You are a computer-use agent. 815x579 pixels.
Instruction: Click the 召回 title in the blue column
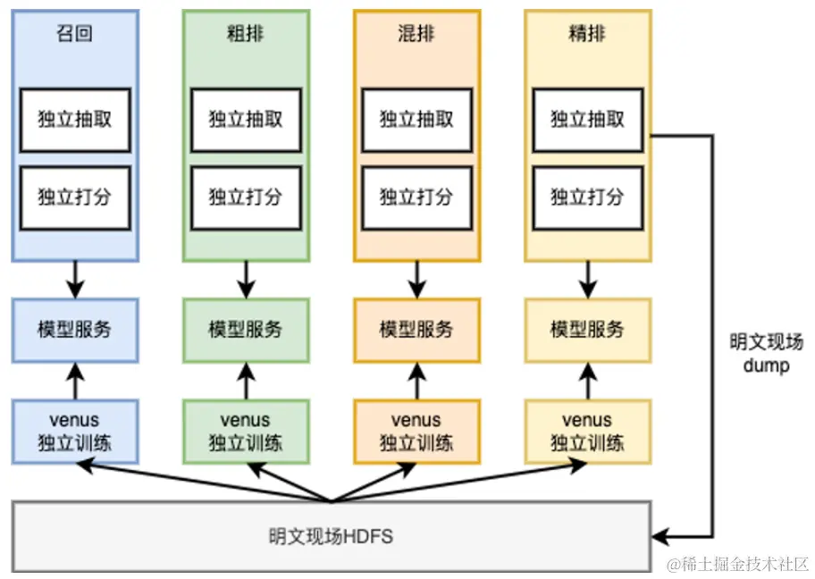click(x=75, y=36)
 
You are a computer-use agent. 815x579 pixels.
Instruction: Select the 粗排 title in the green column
click(x=246, y=36)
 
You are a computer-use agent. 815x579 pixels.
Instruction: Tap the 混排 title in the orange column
click(x=416, y=36)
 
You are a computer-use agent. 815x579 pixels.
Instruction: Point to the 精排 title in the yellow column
click(x=587, y=36)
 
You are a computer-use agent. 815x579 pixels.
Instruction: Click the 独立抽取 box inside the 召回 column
click(x=75, y=119)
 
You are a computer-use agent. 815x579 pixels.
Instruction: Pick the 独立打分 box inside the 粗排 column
click(x=246, y=197)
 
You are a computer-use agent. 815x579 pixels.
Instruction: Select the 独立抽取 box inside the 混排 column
click(x=416, y=119)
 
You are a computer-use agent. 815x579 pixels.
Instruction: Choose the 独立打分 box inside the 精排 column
click(x=587, y=197)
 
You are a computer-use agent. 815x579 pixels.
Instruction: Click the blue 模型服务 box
click(x=75, y=330)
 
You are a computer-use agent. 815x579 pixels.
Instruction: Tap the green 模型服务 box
click(x=246, y=330)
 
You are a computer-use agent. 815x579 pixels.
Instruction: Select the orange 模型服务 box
click(x=416, y=330)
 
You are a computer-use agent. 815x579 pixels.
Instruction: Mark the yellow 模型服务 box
click(x=587, y=330)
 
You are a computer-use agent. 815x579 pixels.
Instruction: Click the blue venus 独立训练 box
click(x=75, y=432)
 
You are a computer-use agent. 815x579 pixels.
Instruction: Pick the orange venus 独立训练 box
click(x=416, y=432)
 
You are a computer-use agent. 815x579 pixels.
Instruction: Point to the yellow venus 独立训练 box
click(x=587, y=432)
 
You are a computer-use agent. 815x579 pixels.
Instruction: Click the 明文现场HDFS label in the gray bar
click(x=331, y=537)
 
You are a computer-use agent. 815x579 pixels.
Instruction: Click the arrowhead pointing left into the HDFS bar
click(x=660, y=537)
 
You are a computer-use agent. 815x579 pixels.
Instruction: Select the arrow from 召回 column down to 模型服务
click(x=75, y=280)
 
